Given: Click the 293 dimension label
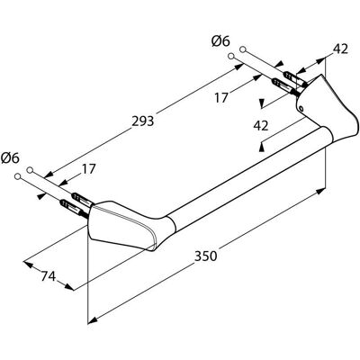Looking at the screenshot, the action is click(x=143, y=121).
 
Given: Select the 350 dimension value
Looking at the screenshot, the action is click(x=205, y=256).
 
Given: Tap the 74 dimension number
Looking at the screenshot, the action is click(x=49, y=276).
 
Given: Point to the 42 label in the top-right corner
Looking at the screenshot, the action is click(x=340, y=49).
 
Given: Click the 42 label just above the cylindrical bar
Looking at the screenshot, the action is click(x=261, y=126).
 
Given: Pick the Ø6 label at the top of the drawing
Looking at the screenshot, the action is click(x=220, y=41).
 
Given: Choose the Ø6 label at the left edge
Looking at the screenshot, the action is click(x=10, y=158).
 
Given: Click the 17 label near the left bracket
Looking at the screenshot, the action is click(x=88, y=169).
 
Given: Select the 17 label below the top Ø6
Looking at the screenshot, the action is click(x=221, y=98).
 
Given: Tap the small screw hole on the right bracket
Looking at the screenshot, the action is click(x=301, y=108).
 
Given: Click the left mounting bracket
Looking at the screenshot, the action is click(x=126, y=223).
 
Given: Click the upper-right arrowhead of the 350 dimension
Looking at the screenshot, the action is click(x=320, y=191).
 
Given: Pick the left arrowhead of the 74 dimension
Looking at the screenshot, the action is click(x=28, y=265).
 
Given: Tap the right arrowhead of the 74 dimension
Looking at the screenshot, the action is click(x=69, y=286).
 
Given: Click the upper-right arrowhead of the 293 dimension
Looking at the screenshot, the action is click(x=238, y=67).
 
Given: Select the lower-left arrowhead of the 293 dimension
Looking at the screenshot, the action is click(x=49, y=175).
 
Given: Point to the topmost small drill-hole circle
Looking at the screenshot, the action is click(x=243, y=49).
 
